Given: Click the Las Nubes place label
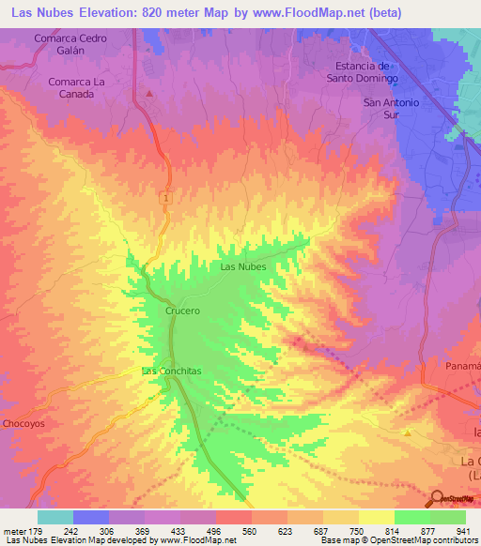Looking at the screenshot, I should pyautogui.click(x=242, y=266).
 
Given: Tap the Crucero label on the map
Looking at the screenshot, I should pyautogui.click(x=182, y=310).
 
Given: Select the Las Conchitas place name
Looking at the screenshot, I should pyautogui.click(x=171, y=371).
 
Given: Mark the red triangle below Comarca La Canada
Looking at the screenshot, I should pyautogui.click(x=148, y=95).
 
